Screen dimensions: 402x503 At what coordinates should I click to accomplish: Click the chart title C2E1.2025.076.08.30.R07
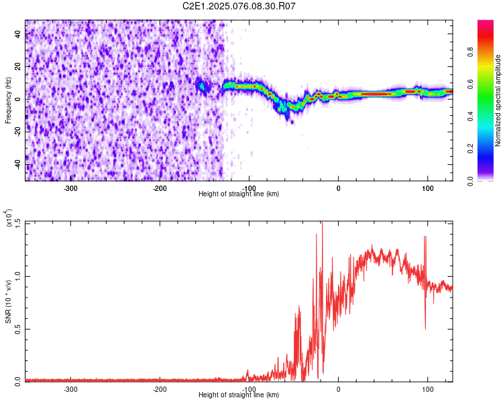[239, 6]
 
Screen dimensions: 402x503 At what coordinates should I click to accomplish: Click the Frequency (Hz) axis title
[8, 100]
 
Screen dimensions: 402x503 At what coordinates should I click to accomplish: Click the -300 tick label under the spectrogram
[71, 188]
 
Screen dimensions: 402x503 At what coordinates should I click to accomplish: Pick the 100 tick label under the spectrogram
[427, 188]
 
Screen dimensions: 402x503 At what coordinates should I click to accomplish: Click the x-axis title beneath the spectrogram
[239, 194]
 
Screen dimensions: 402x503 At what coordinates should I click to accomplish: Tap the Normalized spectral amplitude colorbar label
[498, 100]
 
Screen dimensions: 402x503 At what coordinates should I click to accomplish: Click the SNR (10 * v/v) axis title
[8, 301]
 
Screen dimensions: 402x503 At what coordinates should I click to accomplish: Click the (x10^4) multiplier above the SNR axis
[8, 219]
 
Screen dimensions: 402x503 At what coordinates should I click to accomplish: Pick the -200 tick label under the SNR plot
[160, 389]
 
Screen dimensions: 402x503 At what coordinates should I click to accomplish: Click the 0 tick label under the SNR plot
[338, 389]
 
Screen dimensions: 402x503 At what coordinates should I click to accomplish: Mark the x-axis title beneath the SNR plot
[239, 395]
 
